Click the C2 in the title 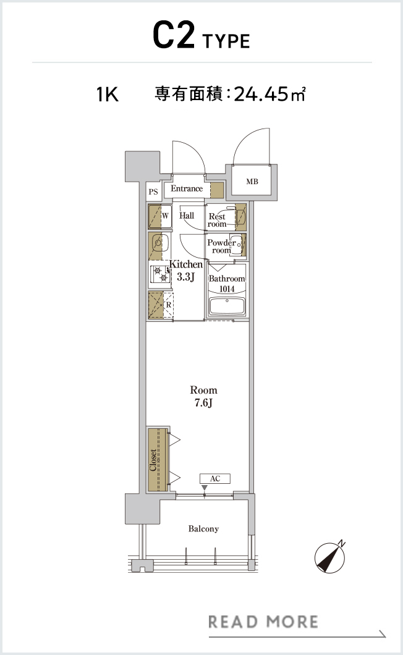(174, 35)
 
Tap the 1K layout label (108, 95)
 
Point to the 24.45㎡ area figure (269, 94)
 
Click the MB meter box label (252, 182)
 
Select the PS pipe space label (153, 192)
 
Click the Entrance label (187, 188)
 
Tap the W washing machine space (160, 216)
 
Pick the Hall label (187, 216)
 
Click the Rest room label (217, 220)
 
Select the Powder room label (221, 247)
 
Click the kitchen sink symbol (159, 242)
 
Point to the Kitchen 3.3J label (185, 270)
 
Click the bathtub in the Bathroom (227, 306)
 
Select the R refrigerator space (161, 305)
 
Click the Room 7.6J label (203, 397)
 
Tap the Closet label (153, 460)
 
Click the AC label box (215, 479)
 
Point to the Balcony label (203, 529)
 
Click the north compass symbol (330, 557)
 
